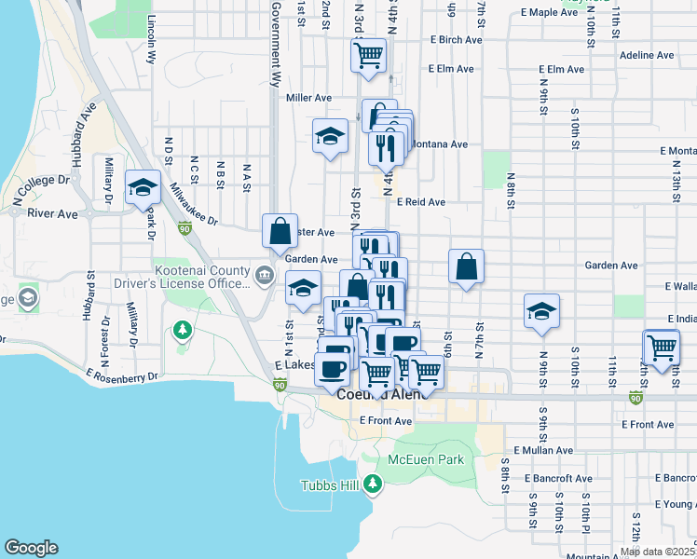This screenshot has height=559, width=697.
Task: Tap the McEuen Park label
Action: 425,459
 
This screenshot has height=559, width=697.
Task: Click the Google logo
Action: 32,548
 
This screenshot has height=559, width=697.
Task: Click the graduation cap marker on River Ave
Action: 143,187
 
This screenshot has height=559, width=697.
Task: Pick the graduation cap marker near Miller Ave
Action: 329,137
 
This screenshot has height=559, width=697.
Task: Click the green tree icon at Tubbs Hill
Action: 373,484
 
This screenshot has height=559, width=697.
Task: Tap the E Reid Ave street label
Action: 420,201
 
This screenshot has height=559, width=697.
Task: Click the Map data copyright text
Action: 657,552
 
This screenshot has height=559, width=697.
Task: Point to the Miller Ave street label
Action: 309,97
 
